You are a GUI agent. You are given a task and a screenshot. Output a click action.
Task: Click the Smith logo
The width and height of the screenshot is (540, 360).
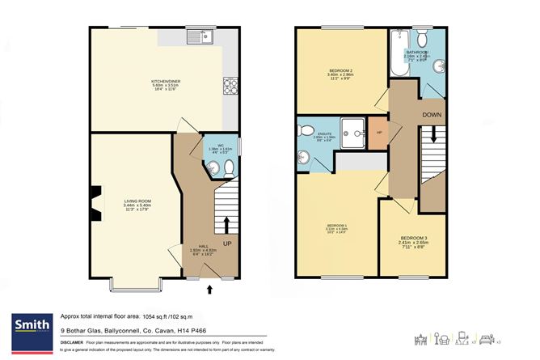32,326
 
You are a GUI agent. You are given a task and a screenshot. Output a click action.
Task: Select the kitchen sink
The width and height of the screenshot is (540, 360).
200,36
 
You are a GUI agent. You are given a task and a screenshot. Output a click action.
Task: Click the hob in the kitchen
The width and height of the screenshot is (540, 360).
227,83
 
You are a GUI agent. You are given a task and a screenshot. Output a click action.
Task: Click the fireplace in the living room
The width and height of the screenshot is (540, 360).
96,203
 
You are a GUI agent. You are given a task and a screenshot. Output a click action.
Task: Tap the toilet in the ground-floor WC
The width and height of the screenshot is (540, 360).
228,168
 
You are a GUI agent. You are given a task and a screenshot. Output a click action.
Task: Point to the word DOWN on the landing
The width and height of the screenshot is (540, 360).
432,115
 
